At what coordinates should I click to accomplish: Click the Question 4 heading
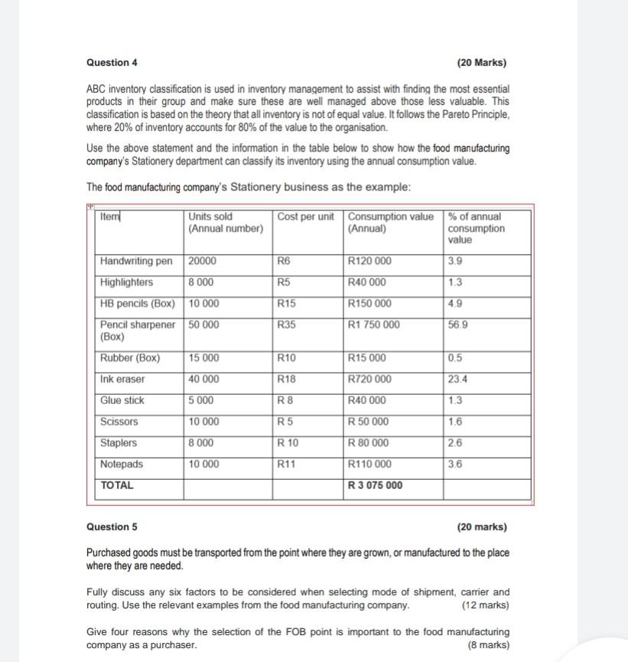(112, 63)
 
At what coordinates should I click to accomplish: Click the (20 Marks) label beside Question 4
(481, 63)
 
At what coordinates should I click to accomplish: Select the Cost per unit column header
(306, 217)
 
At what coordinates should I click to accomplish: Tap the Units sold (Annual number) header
(225, 223)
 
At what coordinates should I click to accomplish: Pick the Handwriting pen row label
(136, 261)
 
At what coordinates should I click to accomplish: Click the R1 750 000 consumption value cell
(373, 324)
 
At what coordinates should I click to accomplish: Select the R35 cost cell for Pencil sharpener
(287, 324)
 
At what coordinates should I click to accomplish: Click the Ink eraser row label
(122, 380)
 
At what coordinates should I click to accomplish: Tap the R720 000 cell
(369, 380)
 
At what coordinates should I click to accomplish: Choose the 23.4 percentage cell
(458, 380)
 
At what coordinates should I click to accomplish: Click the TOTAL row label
(117, 485)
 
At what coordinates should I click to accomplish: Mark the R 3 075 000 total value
(375, 485)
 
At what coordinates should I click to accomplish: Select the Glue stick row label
(122, 401)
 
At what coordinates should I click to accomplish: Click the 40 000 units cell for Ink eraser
(203, 380)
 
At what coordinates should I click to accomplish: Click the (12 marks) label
(486, 605)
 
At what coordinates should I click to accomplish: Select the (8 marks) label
(488, 645)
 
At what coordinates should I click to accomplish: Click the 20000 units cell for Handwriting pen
(202, 261)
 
